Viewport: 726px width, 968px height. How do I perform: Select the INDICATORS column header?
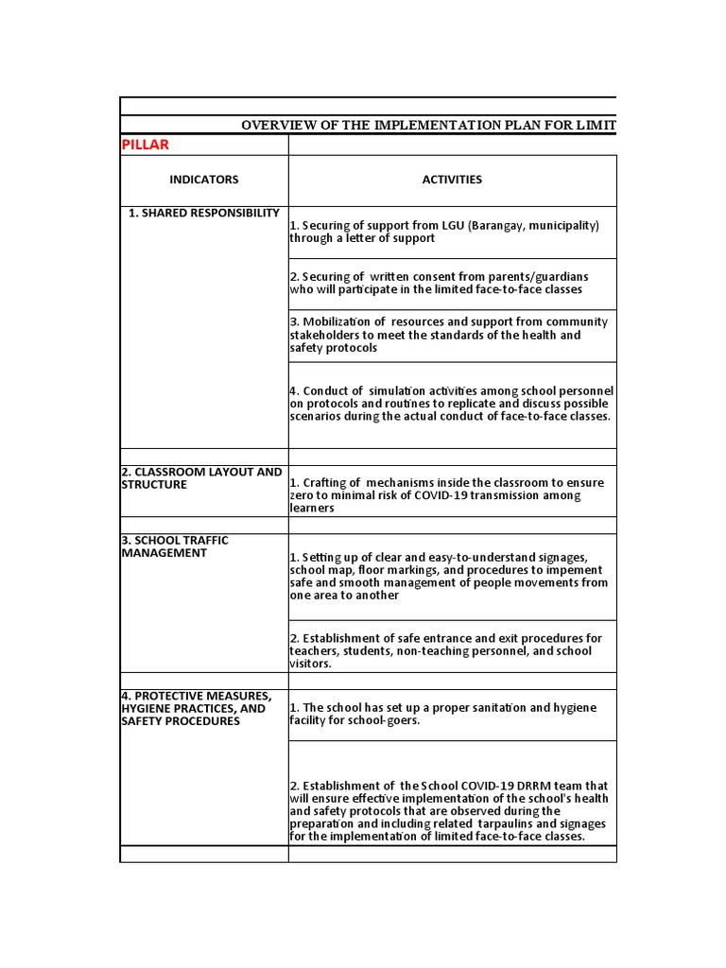pyautogui.click(x=203, y=180)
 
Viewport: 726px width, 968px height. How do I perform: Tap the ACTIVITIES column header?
pyautogui.click(x=452, y=180)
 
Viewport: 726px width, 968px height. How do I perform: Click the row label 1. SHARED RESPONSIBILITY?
pyautogui.click(x=204, y=214)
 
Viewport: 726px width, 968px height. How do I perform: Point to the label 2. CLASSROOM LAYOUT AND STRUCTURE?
pyautogui.click(x=201, y=478)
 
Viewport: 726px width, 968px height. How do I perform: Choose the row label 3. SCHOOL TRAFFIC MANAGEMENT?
pyautogui.click(x=175, y=546)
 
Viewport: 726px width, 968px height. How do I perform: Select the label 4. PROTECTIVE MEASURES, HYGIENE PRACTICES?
pyautogui.click(x=197, y=709)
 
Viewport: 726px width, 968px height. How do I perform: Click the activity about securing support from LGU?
pyautogui.click(x=444, y=232)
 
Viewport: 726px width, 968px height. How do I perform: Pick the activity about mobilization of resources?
pyautogui.click(x=449, y=335)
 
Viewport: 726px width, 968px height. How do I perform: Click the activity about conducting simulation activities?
pyautogui.click(x=451, y=404)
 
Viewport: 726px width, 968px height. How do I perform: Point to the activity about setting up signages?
pyautogui.click(x=449, y=577)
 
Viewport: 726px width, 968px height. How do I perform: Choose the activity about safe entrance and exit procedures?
pyautogui.click(x=445, y=650)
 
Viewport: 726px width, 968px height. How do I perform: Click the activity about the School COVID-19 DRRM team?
pyautogui.click(x=449, y=811)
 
